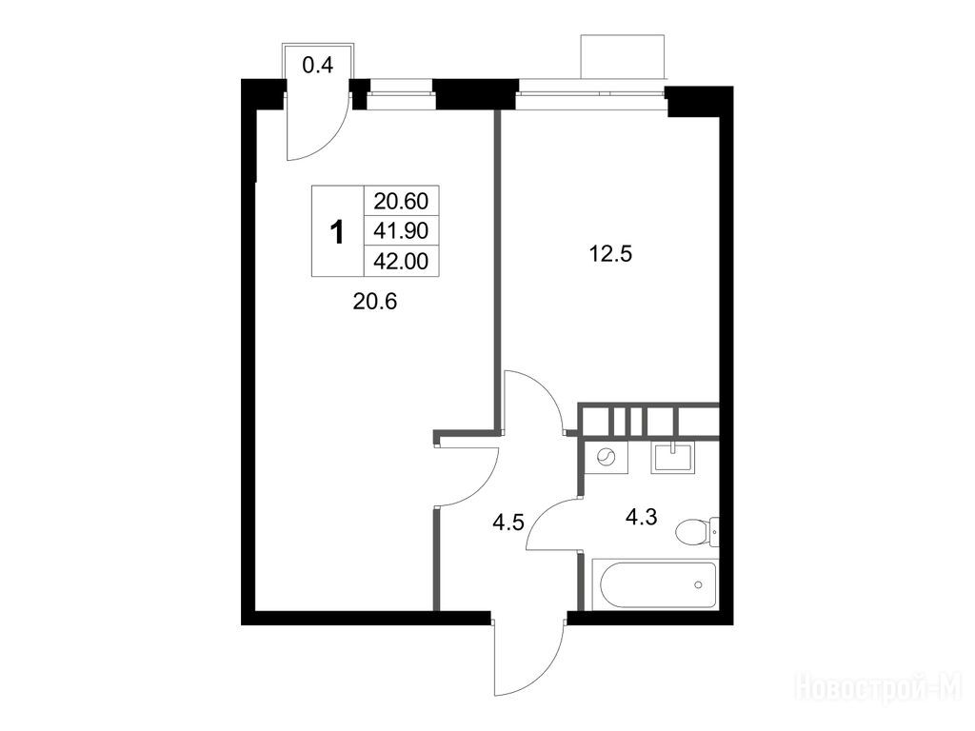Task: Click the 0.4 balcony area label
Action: click(x=318, y=64)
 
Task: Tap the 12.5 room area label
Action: click(x=610, y=253)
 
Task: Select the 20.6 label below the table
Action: click(x=374, y=302)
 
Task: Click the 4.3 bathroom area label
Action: click(x=641, y=517)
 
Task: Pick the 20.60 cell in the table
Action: click(x=401, y=201)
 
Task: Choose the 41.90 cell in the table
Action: click(x=401, y=230)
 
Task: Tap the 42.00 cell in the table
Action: click(x=401, y=261)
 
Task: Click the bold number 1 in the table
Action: click(x=337, y=232)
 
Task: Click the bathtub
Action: click(x=655, y=584)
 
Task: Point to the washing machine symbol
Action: click(x=606, y=459)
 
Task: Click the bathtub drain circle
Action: click(x=698, y=584)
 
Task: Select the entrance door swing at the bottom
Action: click(x=528, y=659)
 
